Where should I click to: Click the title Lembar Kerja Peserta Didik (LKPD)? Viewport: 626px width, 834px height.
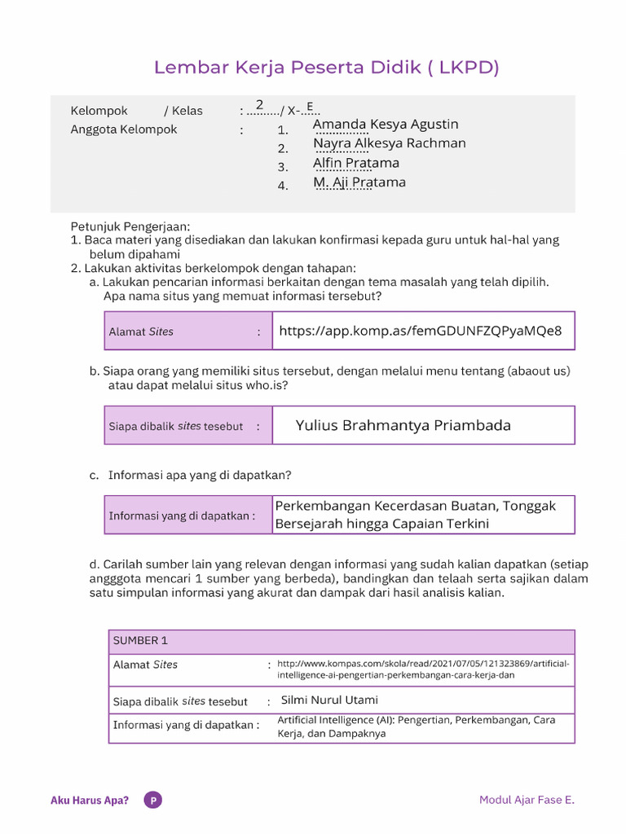[x=326, y=68]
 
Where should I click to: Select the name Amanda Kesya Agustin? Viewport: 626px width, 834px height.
[x=386, y=125]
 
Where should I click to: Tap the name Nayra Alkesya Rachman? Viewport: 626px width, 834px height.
[x=389, y=143]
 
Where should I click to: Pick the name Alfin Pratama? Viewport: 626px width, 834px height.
[x=356, y=163]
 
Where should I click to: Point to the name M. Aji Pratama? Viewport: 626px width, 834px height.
[x=359, y=182]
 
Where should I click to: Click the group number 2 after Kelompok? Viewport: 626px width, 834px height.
[x=259, y=105]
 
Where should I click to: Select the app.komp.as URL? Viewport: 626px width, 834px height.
[x=420, y=331]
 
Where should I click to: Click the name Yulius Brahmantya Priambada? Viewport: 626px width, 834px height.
[x=403, y=425]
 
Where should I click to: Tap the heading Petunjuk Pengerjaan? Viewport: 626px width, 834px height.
[x=130, y=226]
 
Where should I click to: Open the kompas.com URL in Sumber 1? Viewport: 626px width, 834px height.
[x=423, y=669]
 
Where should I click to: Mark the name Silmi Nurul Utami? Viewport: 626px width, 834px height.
[x=329, y=700]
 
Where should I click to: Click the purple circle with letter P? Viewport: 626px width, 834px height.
[x=152, y=800]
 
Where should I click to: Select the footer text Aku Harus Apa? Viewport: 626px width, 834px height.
[x=90, y=800]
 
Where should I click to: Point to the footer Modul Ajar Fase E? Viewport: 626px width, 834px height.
[x=527, y=800]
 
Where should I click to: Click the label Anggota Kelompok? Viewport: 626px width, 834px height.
[x=124, y=129]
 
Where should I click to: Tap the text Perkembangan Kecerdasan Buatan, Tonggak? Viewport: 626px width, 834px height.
[x=415, y=506]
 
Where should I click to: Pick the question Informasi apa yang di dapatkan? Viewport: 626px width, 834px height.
[x=200, y=475]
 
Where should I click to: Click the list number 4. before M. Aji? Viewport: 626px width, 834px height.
[x=283, y=186]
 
